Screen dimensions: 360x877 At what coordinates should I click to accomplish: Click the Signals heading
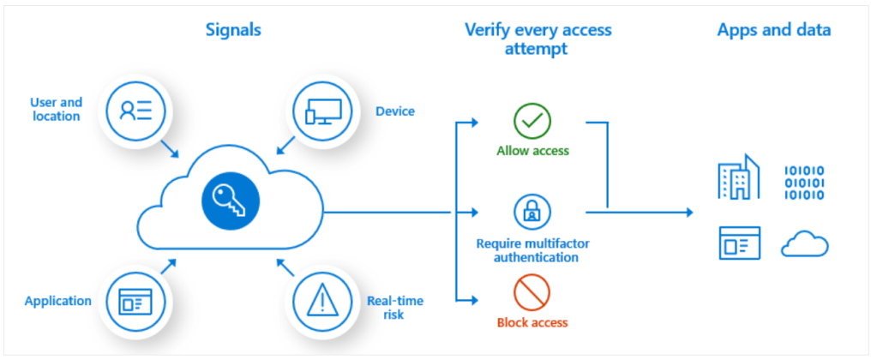[233, 30]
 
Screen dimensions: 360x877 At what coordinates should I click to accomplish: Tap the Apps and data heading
[773, 30]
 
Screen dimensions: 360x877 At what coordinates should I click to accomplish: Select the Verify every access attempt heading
[538, 39]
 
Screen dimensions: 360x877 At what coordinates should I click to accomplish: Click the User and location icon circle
[135, 110]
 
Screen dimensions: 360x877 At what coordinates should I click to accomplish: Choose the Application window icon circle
[135, 301]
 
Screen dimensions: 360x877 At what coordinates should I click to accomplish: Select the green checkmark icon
[532, 122]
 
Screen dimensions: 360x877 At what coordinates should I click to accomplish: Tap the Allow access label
[532, 151]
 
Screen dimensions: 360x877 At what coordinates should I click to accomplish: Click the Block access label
[532, 322]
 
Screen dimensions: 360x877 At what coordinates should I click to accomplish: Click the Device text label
[395, 111]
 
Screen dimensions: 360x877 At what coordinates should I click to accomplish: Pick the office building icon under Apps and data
[738, 177]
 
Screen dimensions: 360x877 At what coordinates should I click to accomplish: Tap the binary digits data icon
[804, 182]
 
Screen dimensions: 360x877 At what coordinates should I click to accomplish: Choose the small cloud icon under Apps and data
[804, 245]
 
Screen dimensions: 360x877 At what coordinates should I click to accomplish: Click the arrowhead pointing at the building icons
[688, 211]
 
